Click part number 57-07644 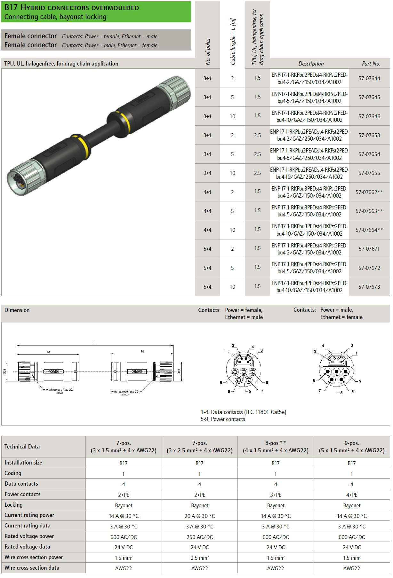point(369,78)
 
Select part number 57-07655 point(369,173)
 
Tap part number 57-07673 point(369,287)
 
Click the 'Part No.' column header point(371,64)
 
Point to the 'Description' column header point(311,64)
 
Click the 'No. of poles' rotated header point(208,51)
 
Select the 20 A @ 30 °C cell point(200,516)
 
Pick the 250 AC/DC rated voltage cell point(200,537)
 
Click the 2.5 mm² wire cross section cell point(200,558)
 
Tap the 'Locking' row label point(13,505)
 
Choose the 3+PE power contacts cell point(276,495)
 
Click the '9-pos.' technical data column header point(352,443)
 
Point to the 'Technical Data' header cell point(22,447)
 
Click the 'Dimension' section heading point(17,310)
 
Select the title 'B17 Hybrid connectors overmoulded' point(72,8)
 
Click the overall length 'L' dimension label point(94,343)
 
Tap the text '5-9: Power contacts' point(223,419)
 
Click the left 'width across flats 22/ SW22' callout point(60,391)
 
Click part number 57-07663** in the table point(369,211)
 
